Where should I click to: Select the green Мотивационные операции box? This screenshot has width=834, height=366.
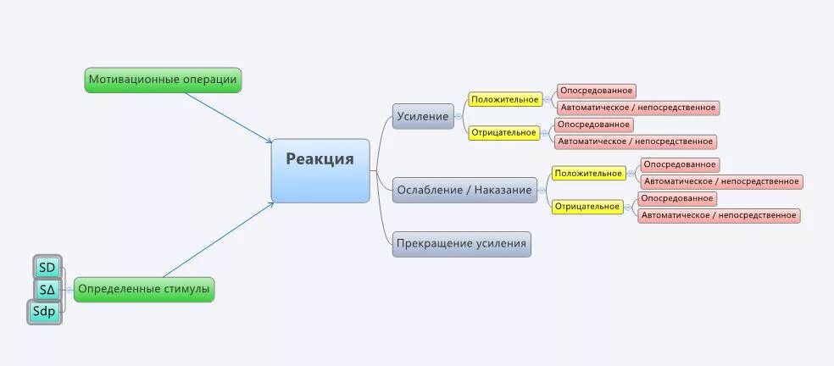(163, 80)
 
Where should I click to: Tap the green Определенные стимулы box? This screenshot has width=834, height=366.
(143, 290)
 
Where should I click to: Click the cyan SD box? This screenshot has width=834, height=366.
(47, 268)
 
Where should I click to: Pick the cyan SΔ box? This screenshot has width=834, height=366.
(47, 290)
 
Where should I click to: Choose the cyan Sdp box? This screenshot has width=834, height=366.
(44, 312)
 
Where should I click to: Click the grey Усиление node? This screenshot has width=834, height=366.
(423, 116)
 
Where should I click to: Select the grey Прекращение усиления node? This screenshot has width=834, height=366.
(462, 244)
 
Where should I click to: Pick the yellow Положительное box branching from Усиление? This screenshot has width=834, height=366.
(505, 99)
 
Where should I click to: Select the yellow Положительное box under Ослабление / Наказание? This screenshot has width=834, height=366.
(588, 174)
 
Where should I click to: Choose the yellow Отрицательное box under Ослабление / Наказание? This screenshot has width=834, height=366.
(587, 207)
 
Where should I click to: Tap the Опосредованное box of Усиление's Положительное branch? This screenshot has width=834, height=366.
(596, 91)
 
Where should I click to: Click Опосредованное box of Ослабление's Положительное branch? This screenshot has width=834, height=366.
(679, 164)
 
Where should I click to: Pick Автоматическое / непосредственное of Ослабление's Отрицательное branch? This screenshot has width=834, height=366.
(719, 215)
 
